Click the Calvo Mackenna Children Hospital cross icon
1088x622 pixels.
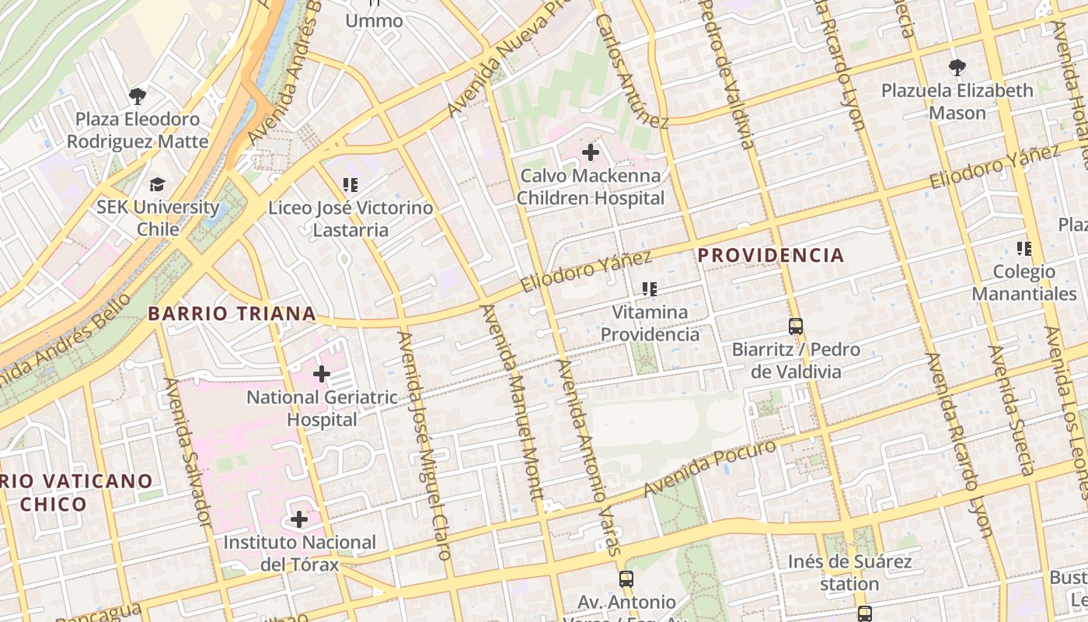[x=591, y=152]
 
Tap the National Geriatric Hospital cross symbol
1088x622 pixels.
[x=321, y=374]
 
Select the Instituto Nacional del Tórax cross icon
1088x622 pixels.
[x=299, y=519]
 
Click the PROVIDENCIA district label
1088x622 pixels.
[x=770, y=255]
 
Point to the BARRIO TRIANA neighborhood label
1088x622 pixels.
[x=232, y=313]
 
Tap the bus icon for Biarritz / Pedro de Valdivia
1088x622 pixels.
[x=795, y=326]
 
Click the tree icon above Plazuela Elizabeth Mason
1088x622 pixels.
[x=957, y=68]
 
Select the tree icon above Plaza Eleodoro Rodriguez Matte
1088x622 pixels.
[x=138, y=96]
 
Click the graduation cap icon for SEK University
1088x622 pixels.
[x=158, y=184]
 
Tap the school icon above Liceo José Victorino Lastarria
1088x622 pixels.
[x=350, y=185]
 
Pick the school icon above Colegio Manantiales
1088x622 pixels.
[x=1024, y=249]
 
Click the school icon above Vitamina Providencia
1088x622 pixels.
[x=650, y=289]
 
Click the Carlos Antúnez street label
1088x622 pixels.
[x=632, y=70]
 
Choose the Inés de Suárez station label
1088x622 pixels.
[x=849, y=572]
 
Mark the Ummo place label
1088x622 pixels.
[x=374, y=20]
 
